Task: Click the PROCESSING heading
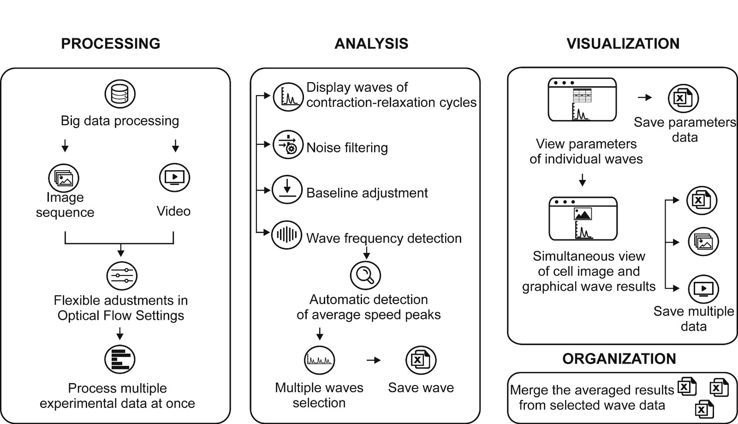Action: [111, 43]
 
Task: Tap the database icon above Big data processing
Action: [120, 94]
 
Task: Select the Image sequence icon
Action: [64, 178]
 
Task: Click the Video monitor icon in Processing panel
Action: [174, 178]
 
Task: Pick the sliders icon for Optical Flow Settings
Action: [122, 275]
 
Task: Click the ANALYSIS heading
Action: [371, 43]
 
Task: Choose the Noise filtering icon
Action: [288, 145]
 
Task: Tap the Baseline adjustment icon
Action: [287, 189]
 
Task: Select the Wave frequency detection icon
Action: [286, 235]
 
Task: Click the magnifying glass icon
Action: [365, 275]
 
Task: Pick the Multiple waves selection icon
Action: [319, 360]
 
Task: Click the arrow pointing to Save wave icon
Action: [374, 360]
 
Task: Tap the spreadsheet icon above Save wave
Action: [421, 360]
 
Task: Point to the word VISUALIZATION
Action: [623, 43]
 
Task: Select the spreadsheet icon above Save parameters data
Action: [683, 98]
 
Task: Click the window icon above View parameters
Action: [582, 100]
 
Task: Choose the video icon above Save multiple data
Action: [703, 289]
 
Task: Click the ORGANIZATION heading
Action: [619, 358]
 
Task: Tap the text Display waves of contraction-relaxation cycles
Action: [391, 95]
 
